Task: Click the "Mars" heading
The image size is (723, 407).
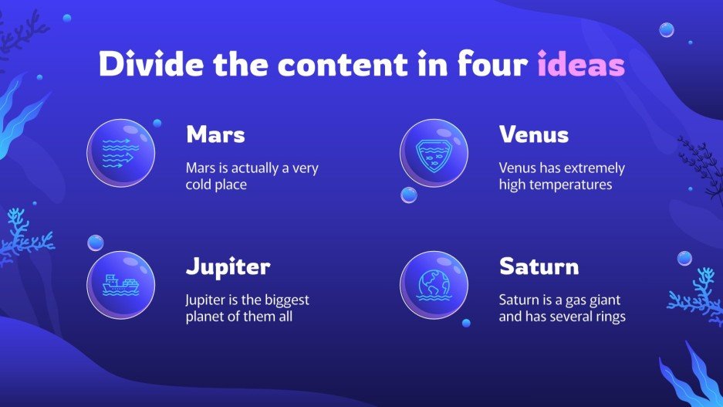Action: [215, 134]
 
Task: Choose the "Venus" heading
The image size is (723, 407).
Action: [533, 134]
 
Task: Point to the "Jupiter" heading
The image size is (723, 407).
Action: [228, 267]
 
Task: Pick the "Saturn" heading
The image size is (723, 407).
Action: [539, 267]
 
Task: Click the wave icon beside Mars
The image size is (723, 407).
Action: [120, 153]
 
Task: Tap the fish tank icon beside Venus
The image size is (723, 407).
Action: [434, 153]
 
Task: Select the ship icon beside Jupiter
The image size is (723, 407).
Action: [120, 285]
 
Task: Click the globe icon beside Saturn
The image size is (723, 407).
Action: [434, 285]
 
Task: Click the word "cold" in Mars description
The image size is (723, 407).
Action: [200, 185]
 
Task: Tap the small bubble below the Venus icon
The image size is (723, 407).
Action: [408, 195]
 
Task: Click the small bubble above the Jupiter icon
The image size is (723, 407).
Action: [95, 243]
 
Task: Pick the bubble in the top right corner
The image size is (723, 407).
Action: [666, 30]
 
